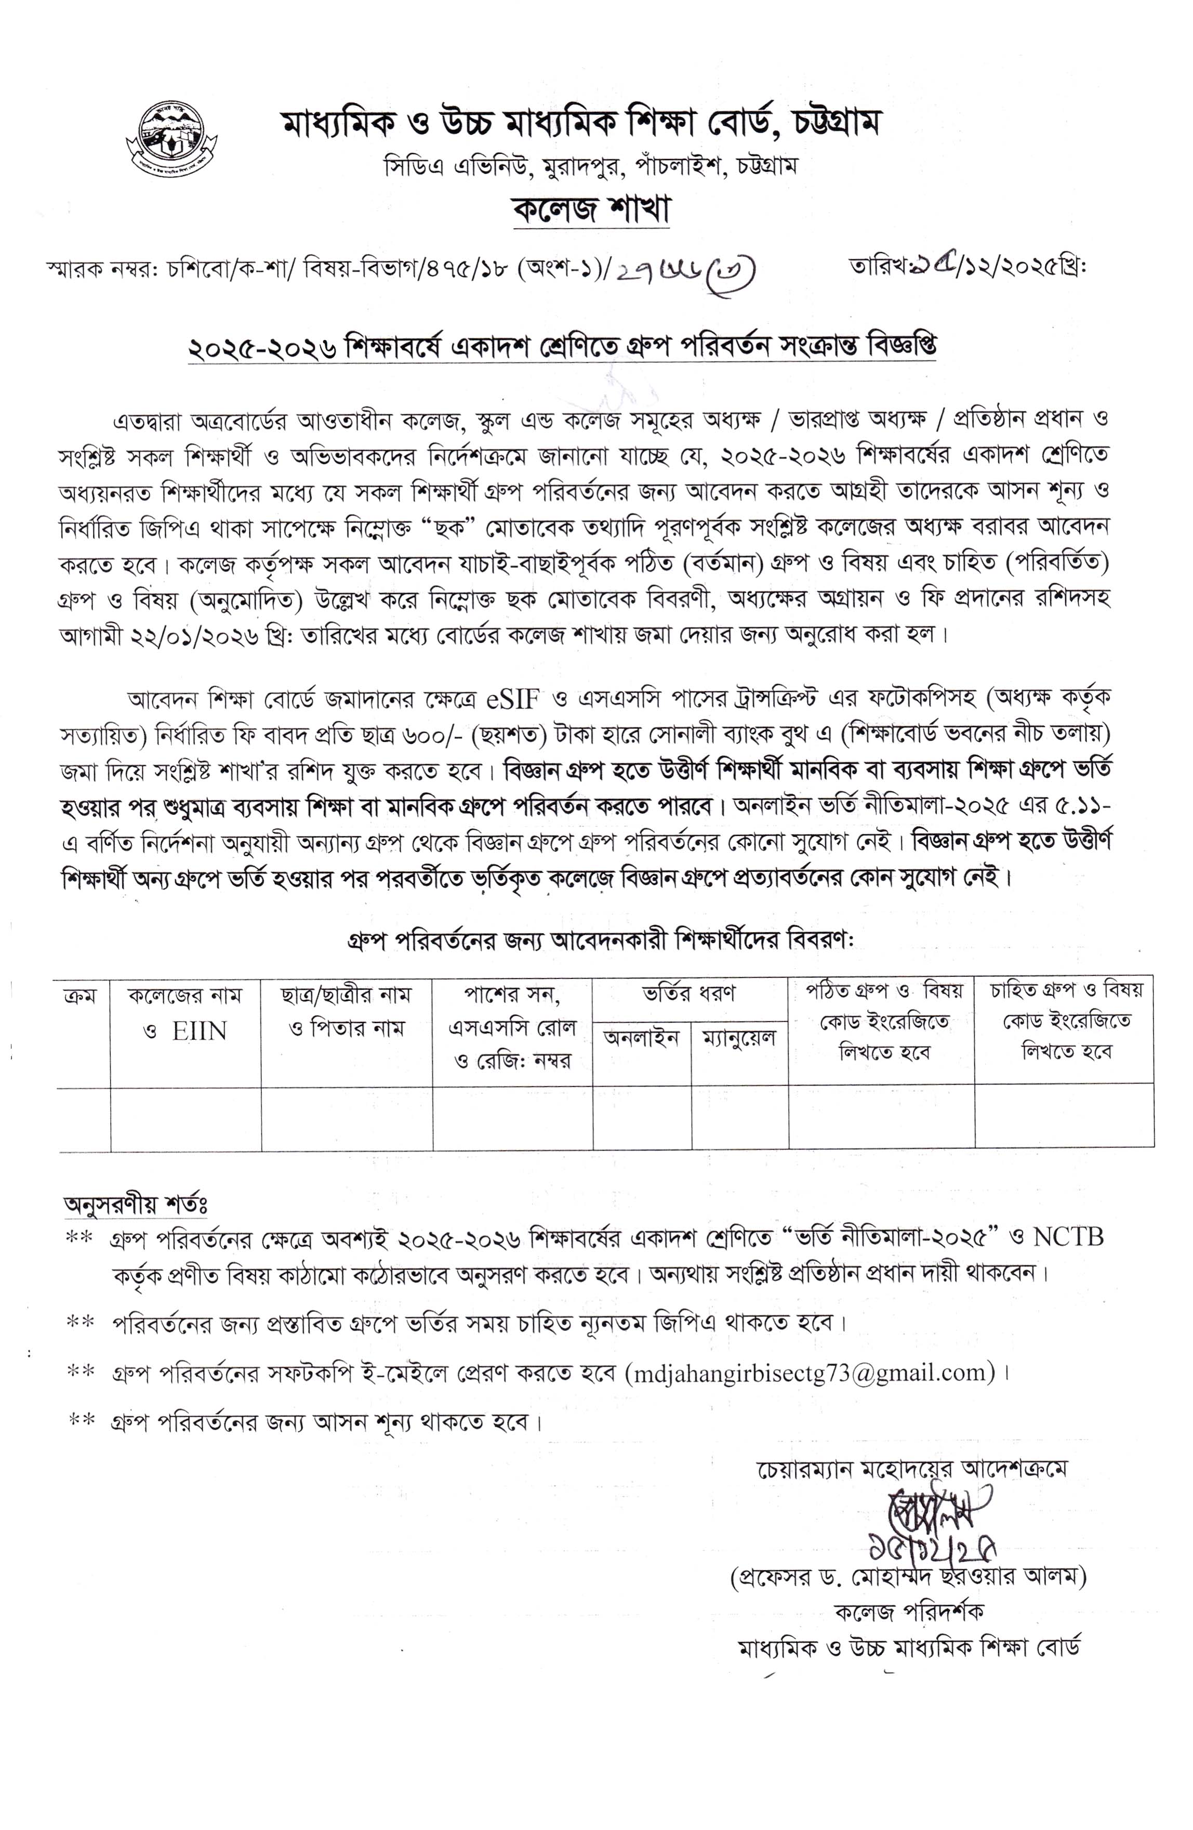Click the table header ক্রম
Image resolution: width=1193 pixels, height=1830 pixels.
tap(81, 994)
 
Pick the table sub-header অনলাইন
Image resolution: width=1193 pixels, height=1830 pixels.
tap(641, 1038)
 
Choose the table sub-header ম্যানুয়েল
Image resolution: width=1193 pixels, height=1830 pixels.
tap(739, 1039)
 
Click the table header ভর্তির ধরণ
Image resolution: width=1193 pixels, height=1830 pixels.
tap(689, 992)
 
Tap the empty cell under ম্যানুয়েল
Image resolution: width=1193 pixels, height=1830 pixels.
tap(739, 1119)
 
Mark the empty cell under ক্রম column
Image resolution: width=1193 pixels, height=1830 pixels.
tap(84, 1119)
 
